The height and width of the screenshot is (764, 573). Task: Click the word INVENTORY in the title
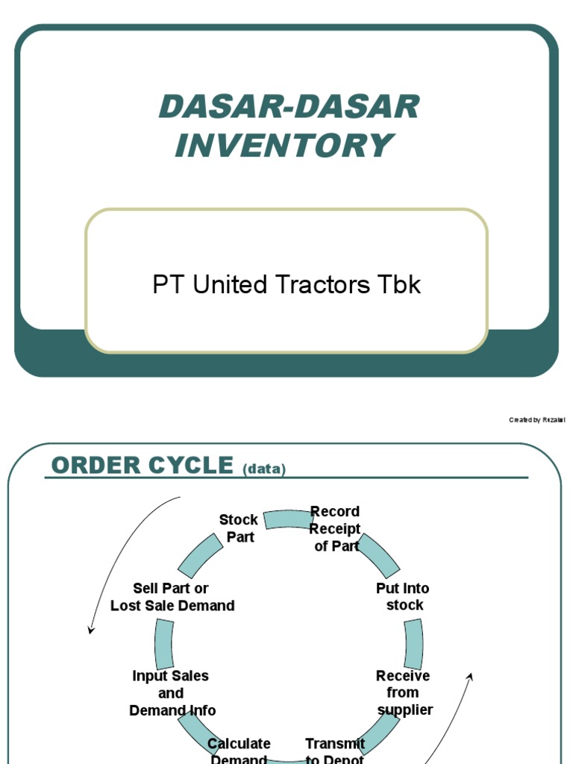(x=283, y=145)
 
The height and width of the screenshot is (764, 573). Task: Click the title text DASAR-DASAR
(x=289, y=107)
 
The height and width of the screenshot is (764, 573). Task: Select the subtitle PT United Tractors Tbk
(x=286, y=284)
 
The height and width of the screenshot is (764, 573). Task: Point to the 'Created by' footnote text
(x=536, y=420)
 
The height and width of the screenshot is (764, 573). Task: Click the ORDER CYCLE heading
(x=142, y=466)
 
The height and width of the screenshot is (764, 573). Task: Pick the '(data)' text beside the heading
(x=264, y=469)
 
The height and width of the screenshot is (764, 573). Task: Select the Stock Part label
(x=239, y=528)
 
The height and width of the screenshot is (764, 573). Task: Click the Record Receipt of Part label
(x=335, y=529)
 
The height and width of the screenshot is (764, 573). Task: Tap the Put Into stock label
(x=403, y=597)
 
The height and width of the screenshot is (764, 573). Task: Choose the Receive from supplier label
(x=404, y=692)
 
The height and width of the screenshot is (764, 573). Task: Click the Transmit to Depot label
(x=335, y=751)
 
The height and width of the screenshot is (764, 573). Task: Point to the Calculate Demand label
(x=239, y=751)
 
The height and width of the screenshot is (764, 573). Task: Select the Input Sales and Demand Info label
(x=172, y=693)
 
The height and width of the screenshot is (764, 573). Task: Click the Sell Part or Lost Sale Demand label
(x=172, y=597)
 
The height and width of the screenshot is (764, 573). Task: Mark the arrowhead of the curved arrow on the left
(x=91, y=630)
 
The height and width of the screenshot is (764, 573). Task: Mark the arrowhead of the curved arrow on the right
(x=470, y=675)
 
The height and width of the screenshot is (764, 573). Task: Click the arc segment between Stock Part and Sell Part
(x=201, y=557)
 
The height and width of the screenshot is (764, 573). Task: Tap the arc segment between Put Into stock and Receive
(x=414, y=644)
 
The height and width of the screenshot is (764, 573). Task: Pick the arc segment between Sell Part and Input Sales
(x=164, y=644)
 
